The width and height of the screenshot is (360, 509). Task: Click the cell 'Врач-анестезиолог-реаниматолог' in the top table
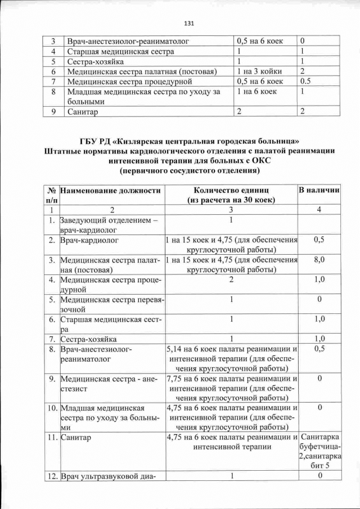[x=128, y=41]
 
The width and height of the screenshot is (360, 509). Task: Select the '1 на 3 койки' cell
[x=259, y=71]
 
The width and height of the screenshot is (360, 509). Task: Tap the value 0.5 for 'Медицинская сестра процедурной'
[x=306, y=82]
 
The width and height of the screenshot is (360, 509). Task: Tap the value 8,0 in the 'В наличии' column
[x=319, y=260]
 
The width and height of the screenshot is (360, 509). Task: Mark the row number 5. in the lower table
[x=51, y=299]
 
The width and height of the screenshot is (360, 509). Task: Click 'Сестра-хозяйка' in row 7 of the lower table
[x=89, y=339]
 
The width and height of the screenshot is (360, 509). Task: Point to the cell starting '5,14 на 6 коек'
[x=231, y=359]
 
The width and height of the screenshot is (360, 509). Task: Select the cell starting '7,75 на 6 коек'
[x=231, y=389]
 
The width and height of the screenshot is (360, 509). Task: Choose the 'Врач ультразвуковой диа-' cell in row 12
[x=107, y=478]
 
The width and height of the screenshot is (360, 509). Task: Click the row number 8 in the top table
[x=52, y=92]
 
